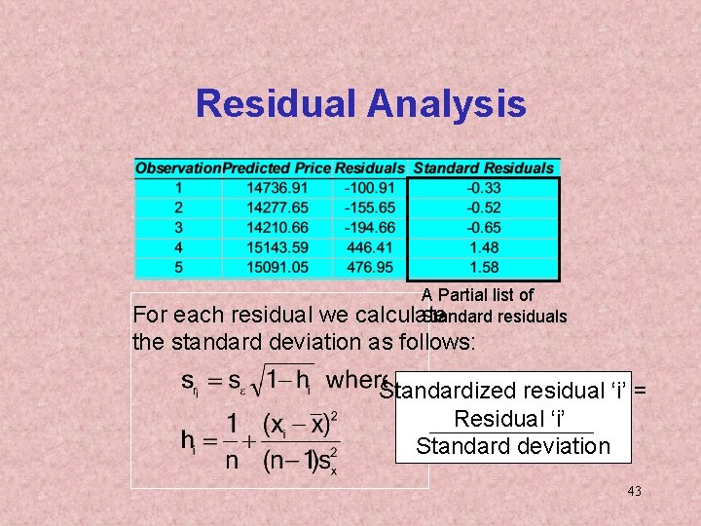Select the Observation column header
[178, 169]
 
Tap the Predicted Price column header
[277, 169]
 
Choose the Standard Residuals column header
[483, 169]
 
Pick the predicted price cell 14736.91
[277, 188]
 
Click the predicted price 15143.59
[277, 247]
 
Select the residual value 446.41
[369, 247]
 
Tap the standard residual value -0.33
[483, 188]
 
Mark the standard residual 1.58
[483, 267]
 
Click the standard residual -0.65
[483, 228]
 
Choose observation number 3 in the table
[178, 228]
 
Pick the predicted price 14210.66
[277, 228]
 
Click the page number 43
[634, 492]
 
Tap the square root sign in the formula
[256, 379]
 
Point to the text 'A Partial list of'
[477, 294]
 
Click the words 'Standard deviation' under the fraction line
[512, 446]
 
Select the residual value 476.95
[369, 267]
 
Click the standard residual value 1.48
[483, 247]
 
